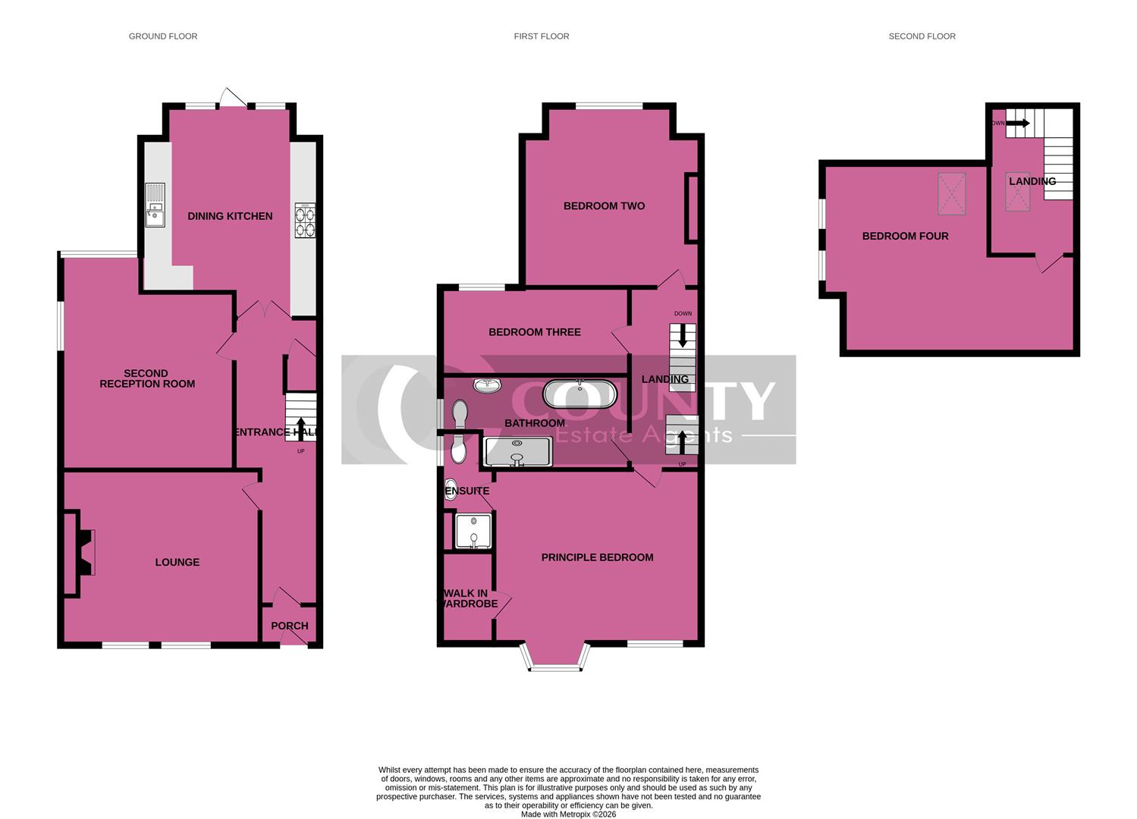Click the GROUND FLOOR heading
[162, 36]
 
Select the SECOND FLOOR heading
[922, 36]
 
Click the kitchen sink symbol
[155, 206]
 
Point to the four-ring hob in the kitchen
[305, 220]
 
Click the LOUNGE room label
[177, 562]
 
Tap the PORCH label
[290, 626]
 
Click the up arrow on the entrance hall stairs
[301, 425]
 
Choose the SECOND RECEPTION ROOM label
[147, 378]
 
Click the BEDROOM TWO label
[604, 206]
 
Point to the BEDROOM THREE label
[535, 332]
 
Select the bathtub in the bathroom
[580, 394]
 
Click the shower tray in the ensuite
[473, 530]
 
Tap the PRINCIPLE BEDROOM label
[597, 557]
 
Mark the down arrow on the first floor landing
[683, 335]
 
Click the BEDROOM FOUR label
[905, 236]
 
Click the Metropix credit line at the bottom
[568, 814]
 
